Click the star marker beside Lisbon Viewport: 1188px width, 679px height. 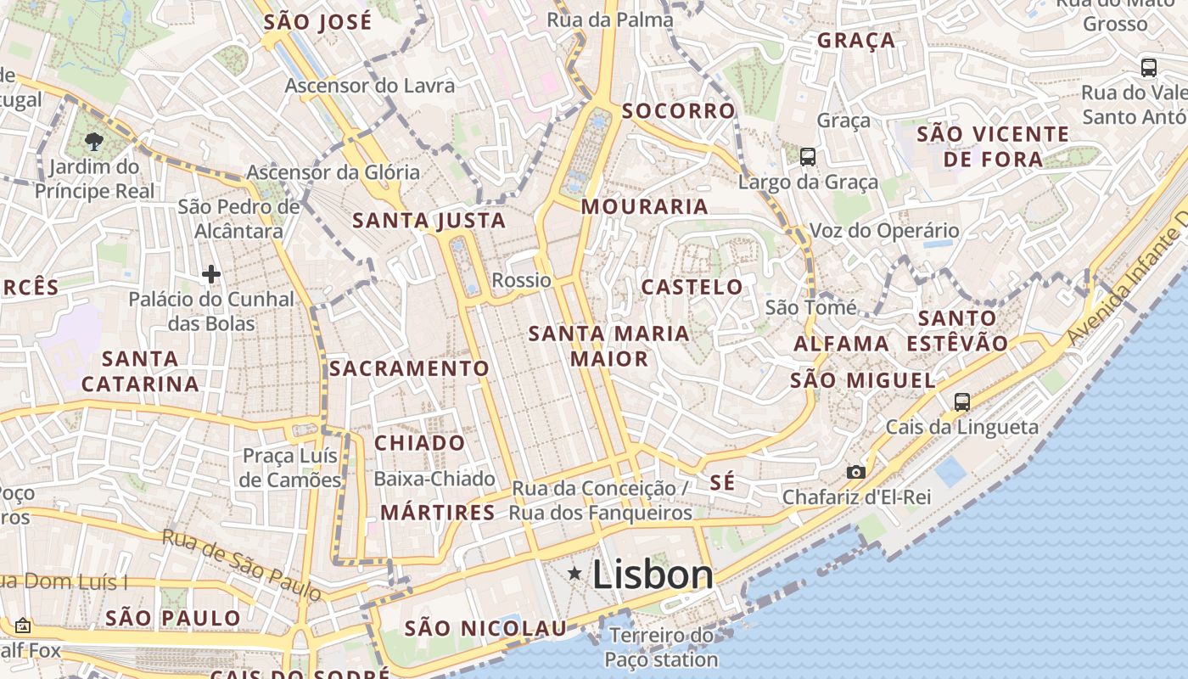(x=574, y=575)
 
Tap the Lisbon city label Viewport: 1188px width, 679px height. (x=653, y=575)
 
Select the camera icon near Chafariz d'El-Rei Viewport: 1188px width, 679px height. (x=855, y=472)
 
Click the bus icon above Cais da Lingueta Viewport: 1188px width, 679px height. (x=961, y=401)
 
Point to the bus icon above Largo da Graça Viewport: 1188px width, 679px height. (x=807, y=156)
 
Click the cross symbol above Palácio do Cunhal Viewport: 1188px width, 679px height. (x=211, y=274)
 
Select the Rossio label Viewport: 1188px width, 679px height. (x=521, y=280)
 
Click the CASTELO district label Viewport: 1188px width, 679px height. (x=692, y=287)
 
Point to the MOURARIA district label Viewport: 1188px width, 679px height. (x=644, y=206)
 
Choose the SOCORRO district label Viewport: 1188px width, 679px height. (x=678, y=111)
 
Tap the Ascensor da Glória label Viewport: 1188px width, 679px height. (x=333, y=172)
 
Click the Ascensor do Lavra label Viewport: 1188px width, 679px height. (x=369, y=86)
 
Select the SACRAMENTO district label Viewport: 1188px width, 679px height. (x=409, y=368)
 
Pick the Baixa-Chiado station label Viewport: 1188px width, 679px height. (x=434, y=479)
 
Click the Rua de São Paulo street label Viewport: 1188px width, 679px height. (x=242, y=564)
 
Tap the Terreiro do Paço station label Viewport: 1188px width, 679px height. (x=661, y=647)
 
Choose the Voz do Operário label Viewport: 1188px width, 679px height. (x=884, y=231)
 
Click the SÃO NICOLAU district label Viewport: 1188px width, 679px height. (x=485, y=629)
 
